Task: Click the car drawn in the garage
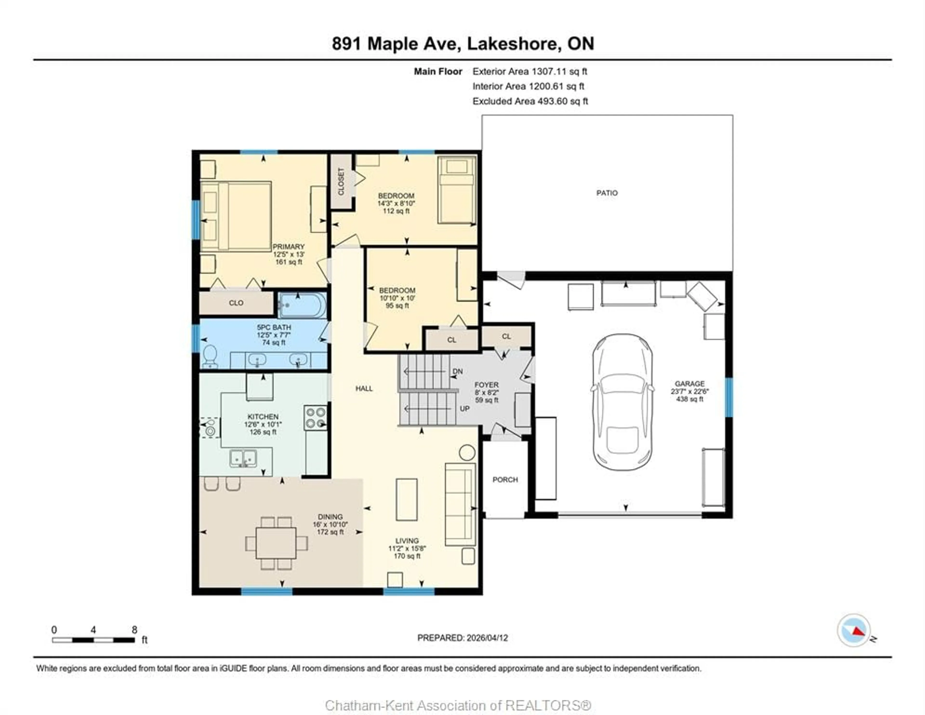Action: [x=622, y=402]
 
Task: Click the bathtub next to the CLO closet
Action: [x=302, y=305]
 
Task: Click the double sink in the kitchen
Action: [x=243, y=458]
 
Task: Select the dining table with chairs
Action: [x=276, y=543]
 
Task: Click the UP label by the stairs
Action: [x=465, y=408]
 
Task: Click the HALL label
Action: [x=364, y=388]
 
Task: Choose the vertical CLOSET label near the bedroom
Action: [x=341, y=181]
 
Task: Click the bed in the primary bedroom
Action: [x=236, y=216]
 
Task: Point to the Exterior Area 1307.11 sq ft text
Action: [x=529, y=71]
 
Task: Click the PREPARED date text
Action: [x=462, y=637]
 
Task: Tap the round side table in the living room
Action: [x=467, y=452]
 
